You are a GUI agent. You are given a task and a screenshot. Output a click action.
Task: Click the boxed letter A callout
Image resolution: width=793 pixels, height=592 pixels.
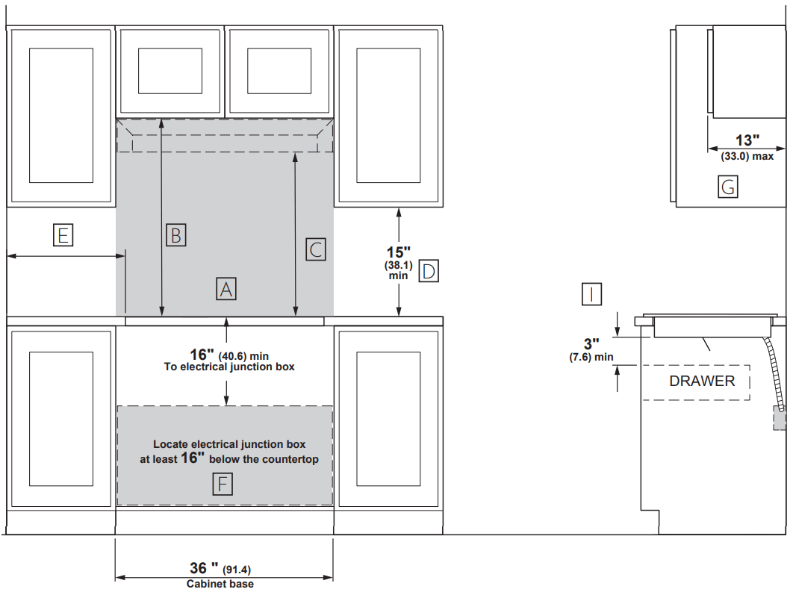226,289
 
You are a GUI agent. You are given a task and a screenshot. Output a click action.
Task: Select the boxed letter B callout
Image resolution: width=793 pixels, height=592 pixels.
176,235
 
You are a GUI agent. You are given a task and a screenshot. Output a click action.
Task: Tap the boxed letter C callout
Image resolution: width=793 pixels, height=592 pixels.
316,250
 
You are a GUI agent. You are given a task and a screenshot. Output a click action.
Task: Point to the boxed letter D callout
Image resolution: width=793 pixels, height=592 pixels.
429,271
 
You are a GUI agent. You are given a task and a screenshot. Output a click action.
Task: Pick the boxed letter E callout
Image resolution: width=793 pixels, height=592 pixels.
63,235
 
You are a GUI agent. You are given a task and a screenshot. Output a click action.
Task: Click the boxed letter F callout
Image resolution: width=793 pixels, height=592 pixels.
223,484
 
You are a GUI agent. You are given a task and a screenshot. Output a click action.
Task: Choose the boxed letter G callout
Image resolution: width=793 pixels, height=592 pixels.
728,187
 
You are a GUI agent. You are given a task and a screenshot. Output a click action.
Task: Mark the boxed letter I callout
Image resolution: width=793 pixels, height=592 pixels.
591,294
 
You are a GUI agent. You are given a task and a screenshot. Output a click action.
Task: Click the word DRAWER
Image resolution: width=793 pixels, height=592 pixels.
702,381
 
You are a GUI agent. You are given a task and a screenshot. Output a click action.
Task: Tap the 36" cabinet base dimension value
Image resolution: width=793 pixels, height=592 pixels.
205,568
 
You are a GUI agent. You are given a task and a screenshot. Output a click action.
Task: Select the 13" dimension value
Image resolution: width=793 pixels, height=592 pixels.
747,140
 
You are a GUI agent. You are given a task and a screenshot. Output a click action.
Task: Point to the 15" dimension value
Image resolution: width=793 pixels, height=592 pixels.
399,252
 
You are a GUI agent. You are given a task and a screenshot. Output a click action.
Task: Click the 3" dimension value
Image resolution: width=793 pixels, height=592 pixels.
591,343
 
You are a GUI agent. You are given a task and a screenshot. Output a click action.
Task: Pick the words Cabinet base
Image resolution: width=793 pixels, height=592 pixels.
220,584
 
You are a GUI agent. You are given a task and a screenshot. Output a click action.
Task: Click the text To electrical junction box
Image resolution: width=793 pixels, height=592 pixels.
229,367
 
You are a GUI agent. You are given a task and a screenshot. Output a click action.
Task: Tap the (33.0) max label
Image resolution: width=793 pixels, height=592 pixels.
747,156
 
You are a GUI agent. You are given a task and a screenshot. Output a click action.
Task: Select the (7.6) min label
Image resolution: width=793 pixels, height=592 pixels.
591,357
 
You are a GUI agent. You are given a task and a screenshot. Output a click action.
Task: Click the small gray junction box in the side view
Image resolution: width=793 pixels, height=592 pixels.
780,418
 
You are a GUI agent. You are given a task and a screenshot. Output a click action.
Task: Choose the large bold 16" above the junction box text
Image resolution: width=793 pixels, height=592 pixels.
202,355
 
